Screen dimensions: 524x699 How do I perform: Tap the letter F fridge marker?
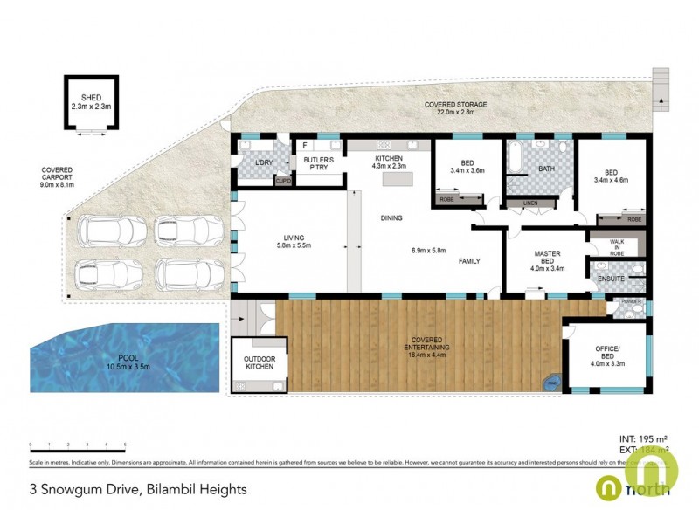(x=305, y=146)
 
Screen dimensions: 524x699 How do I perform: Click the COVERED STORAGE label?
(x=455, y=105)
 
